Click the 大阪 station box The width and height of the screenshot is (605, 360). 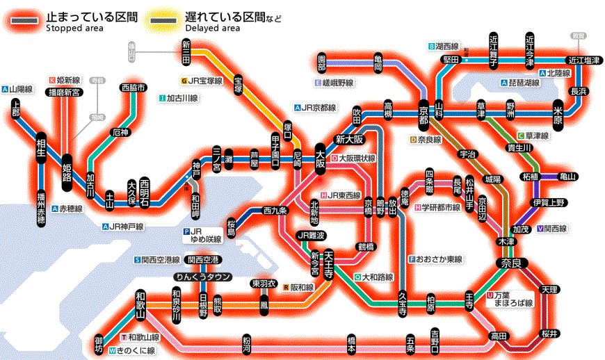pyautogui.click(x=321, y=158)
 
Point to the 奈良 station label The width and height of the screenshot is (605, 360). pyautogui.click(x=513, y=263)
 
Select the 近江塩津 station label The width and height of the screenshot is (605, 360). pyautogui.click(x=583, y=60)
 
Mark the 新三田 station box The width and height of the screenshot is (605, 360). pyautogui.click(x=186, y=53)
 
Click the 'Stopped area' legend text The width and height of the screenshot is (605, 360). pyautogui.click(x=74, y=28)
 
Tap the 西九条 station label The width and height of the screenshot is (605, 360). pyautogui.click(x=275, y=210)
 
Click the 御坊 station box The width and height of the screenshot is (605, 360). pyautogui.click(x=99, y=344)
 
